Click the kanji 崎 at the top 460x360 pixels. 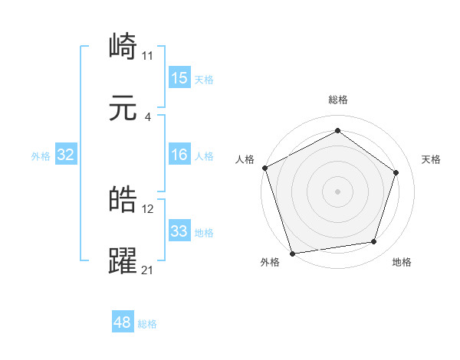(x=123, y=47)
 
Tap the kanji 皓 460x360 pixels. (x=123, y=200)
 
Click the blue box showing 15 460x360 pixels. (x=179, y=78)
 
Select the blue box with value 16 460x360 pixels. (x=179, y=155)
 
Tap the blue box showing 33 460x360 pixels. (x=179, y=231)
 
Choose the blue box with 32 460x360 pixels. (x=66, y=155)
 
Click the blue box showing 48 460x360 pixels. (x=123, y=322)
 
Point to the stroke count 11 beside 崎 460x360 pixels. (x=147, y=55)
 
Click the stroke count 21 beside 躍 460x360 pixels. (x=147, y=270)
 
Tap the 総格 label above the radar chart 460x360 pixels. (x=337, y=100)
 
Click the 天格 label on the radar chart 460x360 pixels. (x=431, y=159)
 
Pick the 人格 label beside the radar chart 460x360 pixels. (x=245, y=159)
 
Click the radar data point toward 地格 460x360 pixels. (x=374, y=242)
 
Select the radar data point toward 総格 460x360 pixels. (x=337, y=130)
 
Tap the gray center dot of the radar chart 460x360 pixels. (x=337, y=191)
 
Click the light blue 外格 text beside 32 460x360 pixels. (x=41, y=155)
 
